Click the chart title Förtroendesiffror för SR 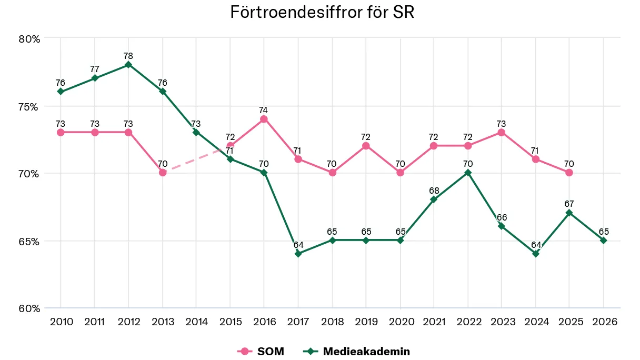coord(322,13)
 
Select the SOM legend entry coord(262,351)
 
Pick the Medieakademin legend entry coord(358,351)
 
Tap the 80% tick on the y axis coord(29,39)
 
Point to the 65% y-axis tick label coord(29,242)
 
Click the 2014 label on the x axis coord(196,322)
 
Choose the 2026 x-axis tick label coord(603,322)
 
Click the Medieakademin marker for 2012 coord(128,65)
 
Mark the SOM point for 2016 coord(264,119)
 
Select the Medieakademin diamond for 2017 coord(298,254)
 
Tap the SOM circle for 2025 coord(569,173)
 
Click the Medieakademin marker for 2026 coord(603,240)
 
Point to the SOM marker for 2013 coord(163,173)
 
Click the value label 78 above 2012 coord(128,56)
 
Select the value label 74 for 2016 coord(264,110)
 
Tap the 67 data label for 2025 coord(569,204)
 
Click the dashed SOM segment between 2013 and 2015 coord(196,159)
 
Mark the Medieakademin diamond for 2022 coord(467,173)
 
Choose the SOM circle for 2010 coord(61,132)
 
